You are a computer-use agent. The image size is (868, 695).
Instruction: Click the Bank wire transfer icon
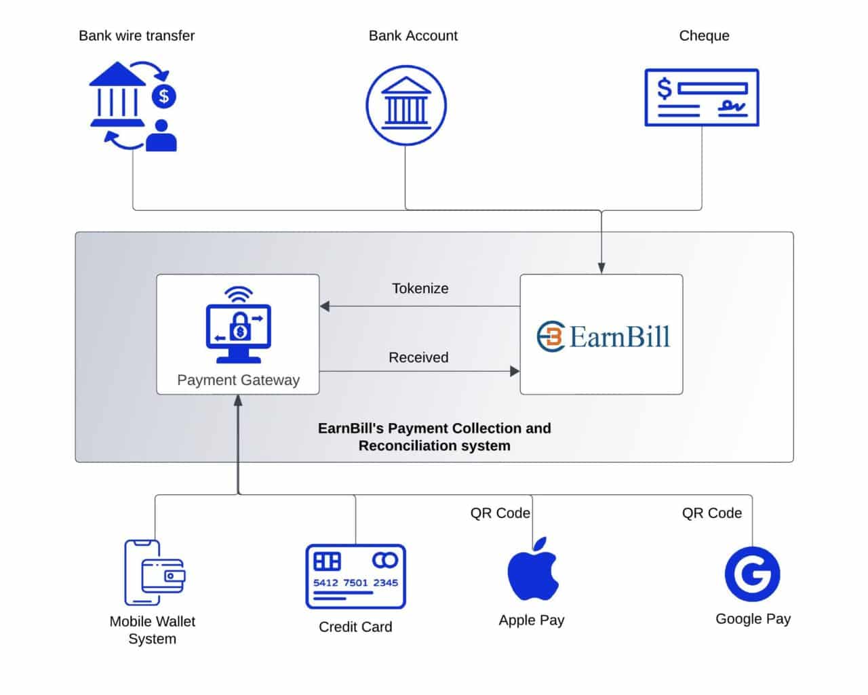click(133, 106)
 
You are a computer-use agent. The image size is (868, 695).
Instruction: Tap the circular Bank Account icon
click(406, 106)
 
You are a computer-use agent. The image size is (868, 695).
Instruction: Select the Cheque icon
click(701, 98)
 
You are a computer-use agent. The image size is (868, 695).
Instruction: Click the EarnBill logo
click(602, 336)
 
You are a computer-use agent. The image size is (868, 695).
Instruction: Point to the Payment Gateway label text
click(238, 380)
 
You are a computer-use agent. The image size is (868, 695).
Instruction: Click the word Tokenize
click(420, 288)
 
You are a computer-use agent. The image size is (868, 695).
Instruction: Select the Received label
click(418, 357)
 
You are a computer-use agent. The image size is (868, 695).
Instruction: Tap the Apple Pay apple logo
click(532, 571)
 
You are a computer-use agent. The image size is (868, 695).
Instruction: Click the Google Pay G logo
click(752, 574)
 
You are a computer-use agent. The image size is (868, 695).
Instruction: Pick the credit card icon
click(355, 576)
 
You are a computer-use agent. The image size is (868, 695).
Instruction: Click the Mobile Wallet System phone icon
click(153, 572)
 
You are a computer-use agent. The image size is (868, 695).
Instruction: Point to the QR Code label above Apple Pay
click(500, 513)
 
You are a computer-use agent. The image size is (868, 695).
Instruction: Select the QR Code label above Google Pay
click(711, 513)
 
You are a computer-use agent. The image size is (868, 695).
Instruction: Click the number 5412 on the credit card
click(325, 582)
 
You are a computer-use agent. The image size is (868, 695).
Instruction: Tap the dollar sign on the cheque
click(665, 89)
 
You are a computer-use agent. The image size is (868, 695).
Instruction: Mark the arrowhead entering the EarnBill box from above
click(601, 269)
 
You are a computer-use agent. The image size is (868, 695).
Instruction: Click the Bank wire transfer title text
click(136, 36)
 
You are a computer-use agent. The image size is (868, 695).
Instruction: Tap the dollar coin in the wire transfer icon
click(163, 96)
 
